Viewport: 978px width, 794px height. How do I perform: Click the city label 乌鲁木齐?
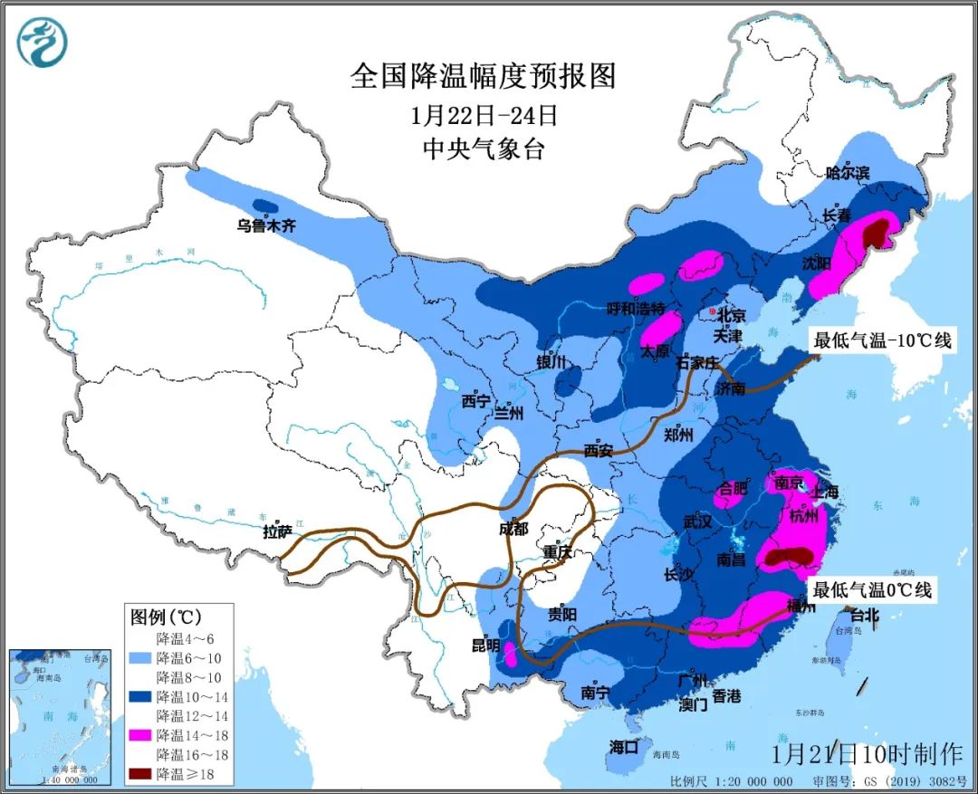266,226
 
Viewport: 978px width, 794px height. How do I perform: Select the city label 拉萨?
277,531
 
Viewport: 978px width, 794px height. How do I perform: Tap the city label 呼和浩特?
636,308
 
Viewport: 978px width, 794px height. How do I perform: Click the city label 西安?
599,449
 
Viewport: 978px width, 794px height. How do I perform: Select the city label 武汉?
698,522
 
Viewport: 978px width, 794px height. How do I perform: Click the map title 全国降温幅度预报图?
483,76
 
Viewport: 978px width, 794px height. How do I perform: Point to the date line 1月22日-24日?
483,116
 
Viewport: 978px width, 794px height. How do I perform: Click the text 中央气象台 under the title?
483,149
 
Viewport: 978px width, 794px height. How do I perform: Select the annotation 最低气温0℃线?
871,590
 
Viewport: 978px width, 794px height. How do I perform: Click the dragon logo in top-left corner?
43,43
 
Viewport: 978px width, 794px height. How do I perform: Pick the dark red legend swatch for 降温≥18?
139,774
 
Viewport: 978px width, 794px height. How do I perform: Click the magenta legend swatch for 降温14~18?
139,734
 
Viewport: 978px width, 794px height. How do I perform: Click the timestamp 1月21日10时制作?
867,753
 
